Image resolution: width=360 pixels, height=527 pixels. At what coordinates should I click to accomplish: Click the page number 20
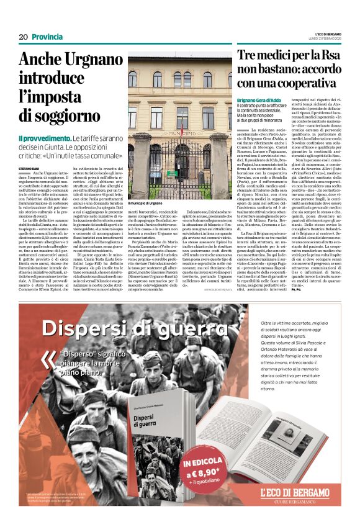click(23, 37)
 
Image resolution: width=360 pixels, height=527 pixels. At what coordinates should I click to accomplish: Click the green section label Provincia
click(47, 37)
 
